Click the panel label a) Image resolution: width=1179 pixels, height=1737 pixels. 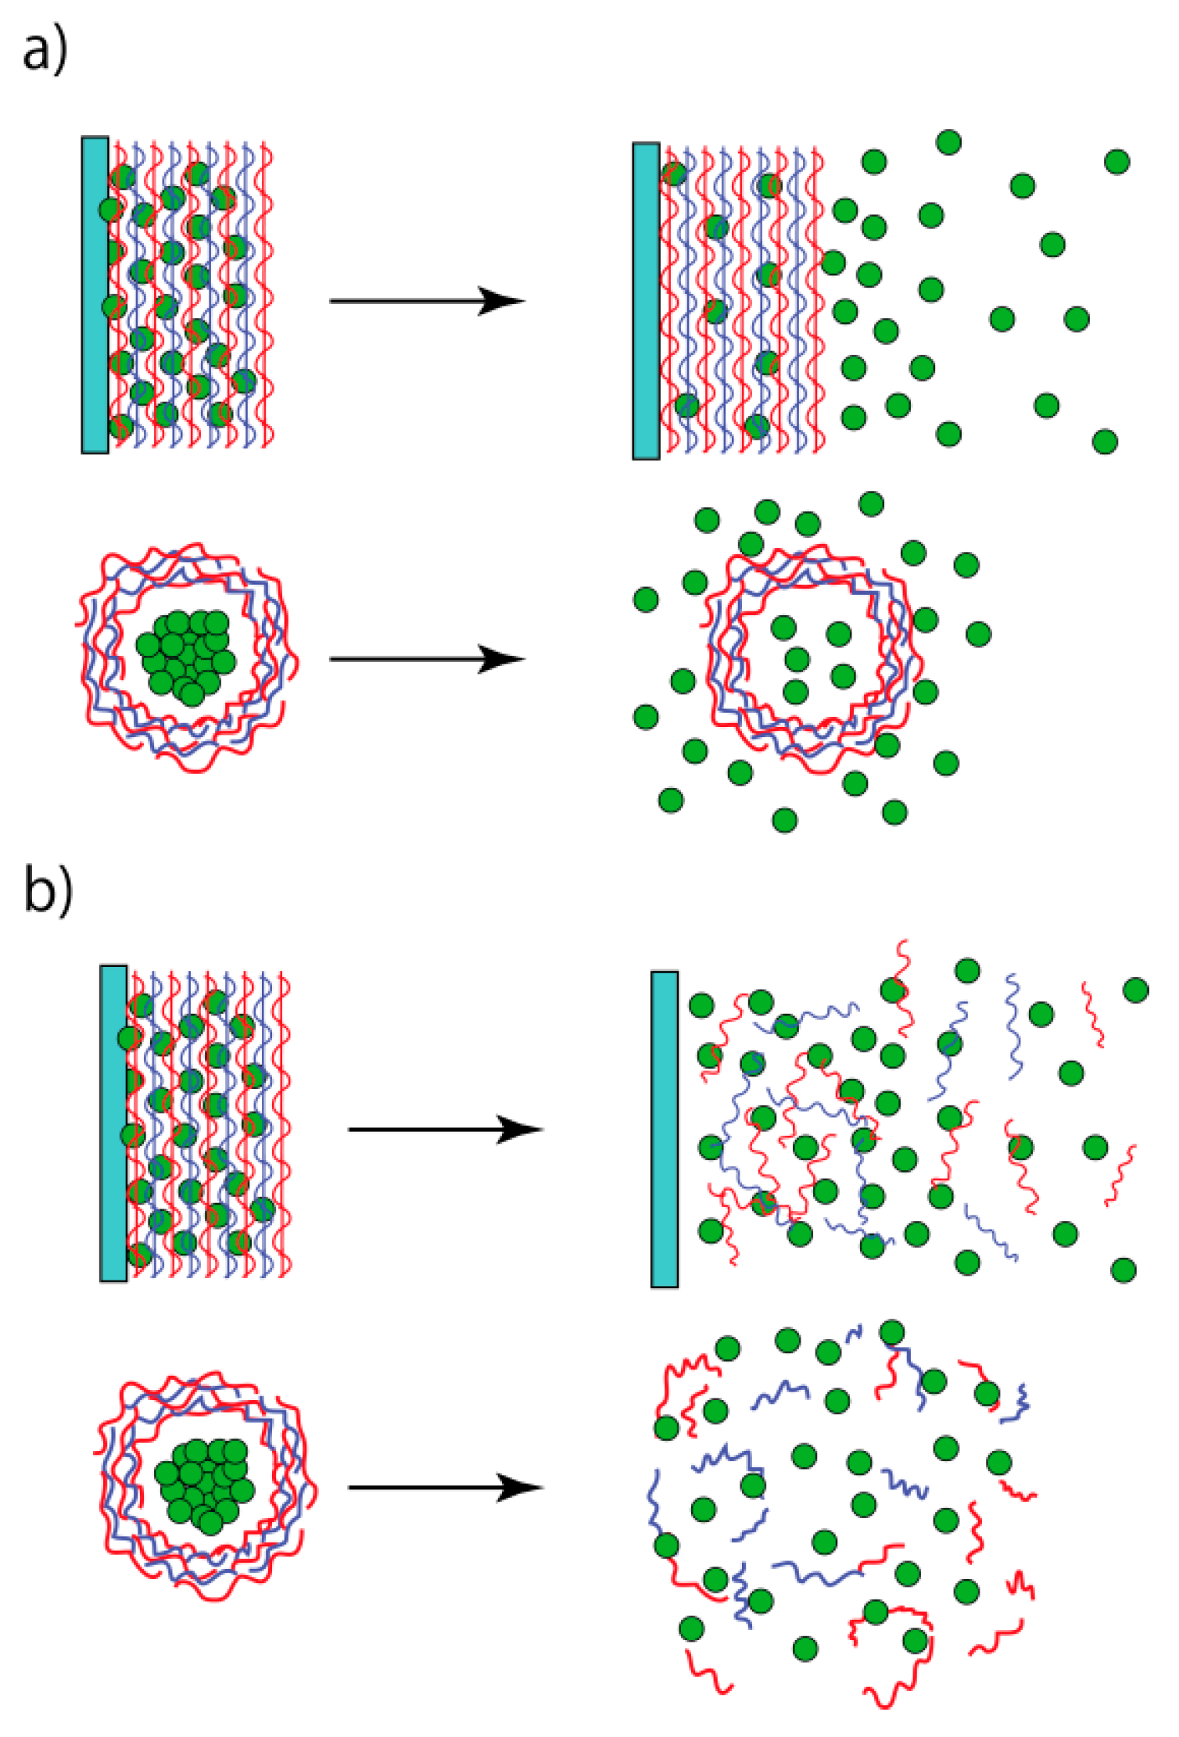(x=45, y=52)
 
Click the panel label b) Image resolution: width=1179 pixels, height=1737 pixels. (x=48, y=890)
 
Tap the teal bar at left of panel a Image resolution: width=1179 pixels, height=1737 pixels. (x=95, y=295)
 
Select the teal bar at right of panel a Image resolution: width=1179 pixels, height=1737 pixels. (x=646, y=301)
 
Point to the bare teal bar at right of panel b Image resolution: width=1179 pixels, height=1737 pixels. (x=664, y=1129)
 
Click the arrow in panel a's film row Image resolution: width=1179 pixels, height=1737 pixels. (x=425, y=301)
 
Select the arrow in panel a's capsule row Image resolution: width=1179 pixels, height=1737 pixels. (x=425, y=659)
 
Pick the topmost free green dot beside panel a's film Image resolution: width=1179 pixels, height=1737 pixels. (x=948, y=142)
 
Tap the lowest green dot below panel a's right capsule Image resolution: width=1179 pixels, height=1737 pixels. (x=784, y=820)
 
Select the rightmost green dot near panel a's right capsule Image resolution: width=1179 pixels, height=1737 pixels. (x=978, y=633)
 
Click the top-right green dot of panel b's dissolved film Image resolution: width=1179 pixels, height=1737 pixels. (x=1135, y=990)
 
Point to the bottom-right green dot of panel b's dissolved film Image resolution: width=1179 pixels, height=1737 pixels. (x=1123, y=1270)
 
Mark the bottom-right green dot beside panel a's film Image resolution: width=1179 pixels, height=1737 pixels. (x=1105, y=442)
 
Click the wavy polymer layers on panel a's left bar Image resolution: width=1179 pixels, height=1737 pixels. (x=192, y=295)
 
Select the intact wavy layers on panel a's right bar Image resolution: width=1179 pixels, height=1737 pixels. (x=741, y=301)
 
